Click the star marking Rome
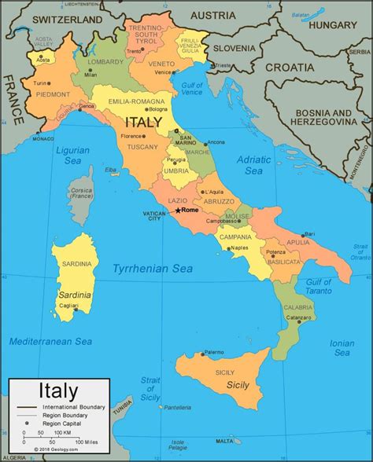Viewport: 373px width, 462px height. point(178,211)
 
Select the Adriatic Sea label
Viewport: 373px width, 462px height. point(253,164)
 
